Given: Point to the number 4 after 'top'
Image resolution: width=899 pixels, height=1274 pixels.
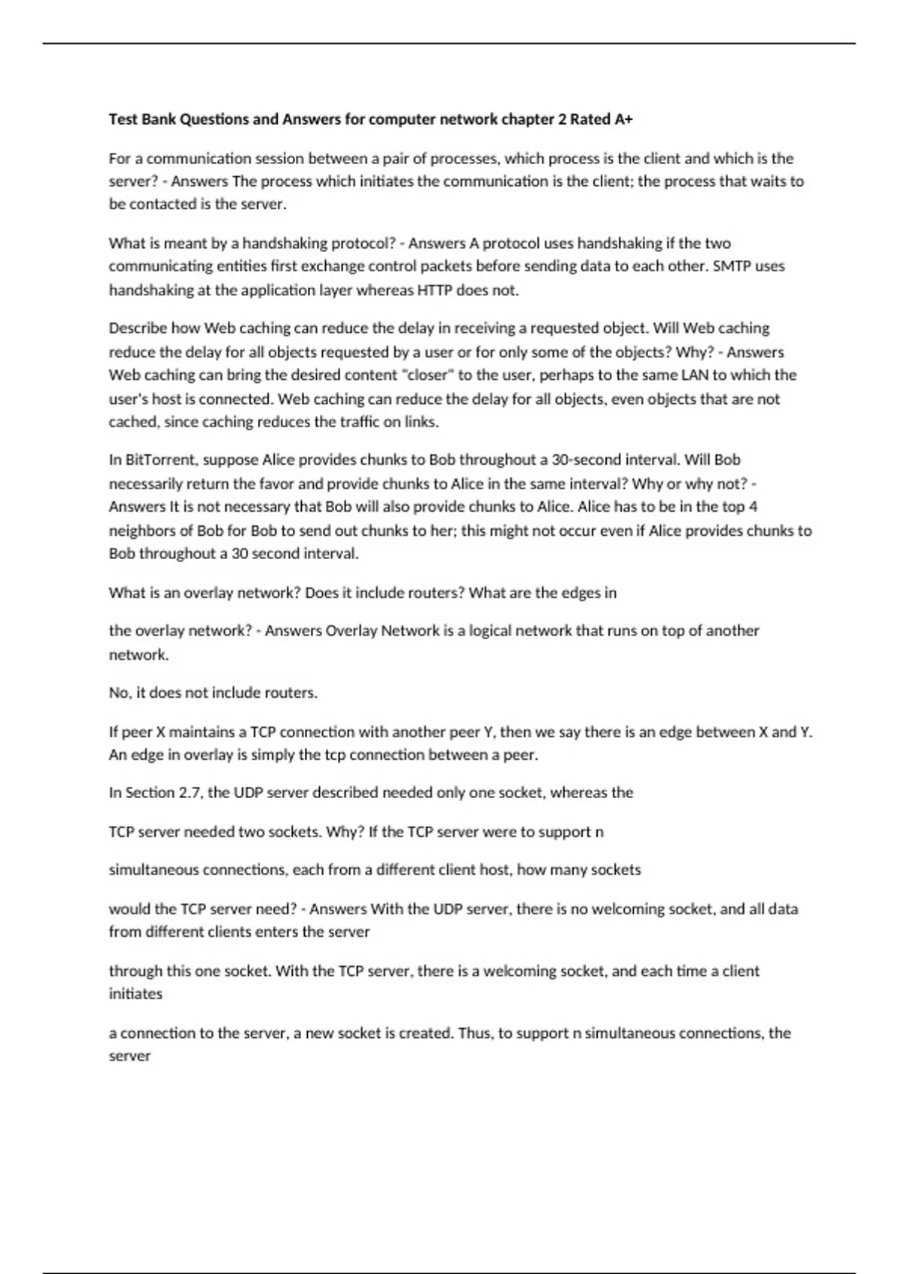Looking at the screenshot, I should [753, 507].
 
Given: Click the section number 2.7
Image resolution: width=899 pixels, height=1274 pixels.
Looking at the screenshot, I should [190, 792].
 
